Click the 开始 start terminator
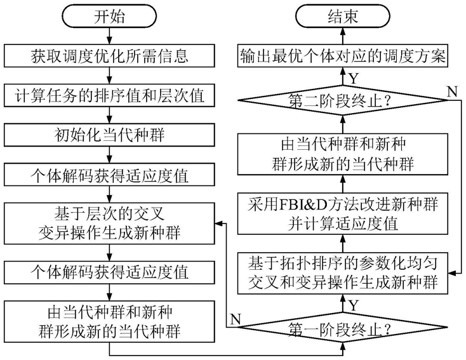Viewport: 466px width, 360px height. [109, 17]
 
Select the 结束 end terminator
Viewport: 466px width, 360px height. [343, 17]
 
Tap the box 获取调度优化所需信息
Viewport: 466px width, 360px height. [109, 56]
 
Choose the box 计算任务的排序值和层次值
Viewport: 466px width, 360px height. [109, 95]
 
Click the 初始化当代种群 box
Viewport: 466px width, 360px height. [109, 135]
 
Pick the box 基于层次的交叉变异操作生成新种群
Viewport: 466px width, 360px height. [109, 223]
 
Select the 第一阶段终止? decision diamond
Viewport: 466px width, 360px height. [343, 328]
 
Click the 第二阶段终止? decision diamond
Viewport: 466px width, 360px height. [343, 100]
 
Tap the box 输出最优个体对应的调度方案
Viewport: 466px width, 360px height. [343, 56]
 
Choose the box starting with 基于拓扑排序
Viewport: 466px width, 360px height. [343, 273]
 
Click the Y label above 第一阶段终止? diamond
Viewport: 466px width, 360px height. [354, 305]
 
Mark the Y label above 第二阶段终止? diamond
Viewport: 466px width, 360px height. [354, 78]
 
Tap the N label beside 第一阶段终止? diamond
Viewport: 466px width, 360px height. [235, 319]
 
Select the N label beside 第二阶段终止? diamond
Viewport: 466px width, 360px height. [452, 92]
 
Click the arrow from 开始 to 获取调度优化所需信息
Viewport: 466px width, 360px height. [109, 36]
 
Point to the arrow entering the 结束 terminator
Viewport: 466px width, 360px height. [343, 36]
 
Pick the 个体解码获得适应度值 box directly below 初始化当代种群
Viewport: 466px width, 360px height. [109, 175]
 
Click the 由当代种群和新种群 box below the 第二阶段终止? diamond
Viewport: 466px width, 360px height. [343, 154]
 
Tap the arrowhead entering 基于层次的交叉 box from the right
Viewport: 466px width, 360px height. [219, 223]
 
